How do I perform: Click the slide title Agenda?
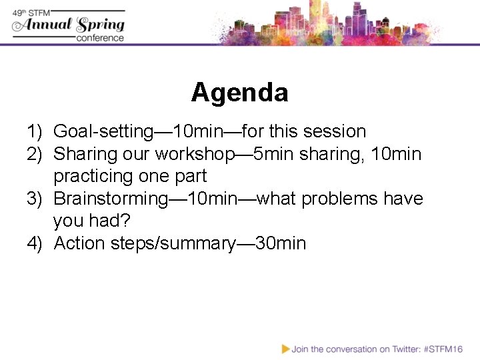(x=239, y=92)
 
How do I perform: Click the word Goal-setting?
(x=103, y=132)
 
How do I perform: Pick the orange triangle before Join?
(x=285, y=349)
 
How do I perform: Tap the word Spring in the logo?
(x=101, y=25)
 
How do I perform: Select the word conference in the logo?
(x=100, y=38)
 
